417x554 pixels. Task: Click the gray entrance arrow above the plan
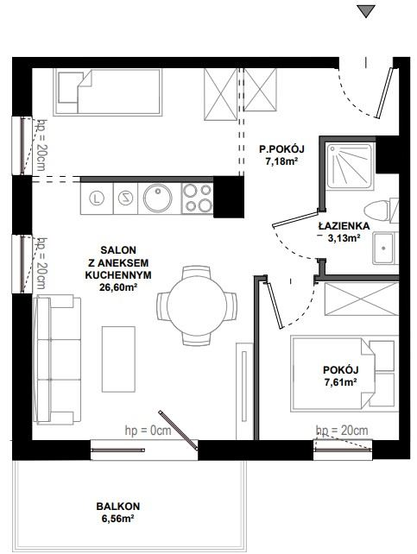(366, 10)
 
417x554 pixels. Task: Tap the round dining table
(197, 306)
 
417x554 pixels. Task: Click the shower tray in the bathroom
(350, 166)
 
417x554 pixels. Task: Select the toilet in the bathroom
(381, 211)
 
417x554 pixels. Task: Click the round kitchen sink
(158, 198)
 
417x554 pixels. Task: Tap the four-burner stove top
(198, 198)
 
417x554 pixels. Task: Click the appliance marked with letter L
(97, 198)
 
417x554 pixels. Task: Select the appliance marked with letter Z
(125, 198)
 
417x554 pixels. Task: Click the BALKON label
(118, 507)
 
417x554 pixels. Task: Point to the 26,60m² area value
(118, 287)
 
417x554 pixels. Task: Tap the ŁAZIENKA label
(344, 226)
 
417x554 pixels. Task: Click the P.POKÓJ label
(281, 149)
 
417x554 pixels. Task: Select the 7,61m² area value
(340, 382)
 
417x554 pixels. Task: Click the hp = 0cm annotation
(148, 431)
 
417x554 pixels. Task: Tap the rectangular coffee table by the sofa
(118, 359)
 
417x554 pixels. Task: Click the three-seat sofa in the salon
(57, 360)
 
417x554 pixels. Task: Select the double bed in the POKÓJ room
(344, 374)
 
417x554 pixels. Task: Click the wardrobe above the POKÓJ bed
(362, 299)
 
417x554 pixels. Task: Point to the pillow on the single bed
(68, 87)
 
